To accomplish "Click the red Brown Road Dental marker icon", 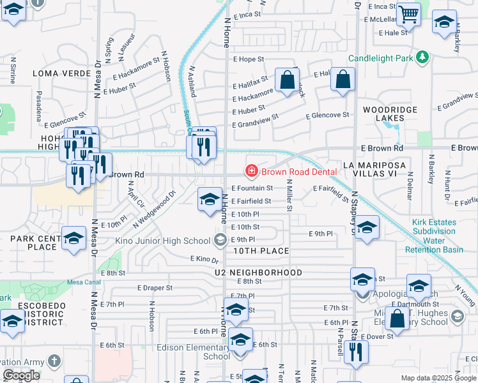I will (252, 170).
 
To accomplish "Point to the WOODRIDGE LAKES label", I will (390, 115).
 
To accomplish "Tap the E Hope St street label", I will (248, 59).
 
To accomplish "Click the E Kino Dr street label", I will (204, 259).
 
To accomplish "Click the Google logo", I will (21, 375).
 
